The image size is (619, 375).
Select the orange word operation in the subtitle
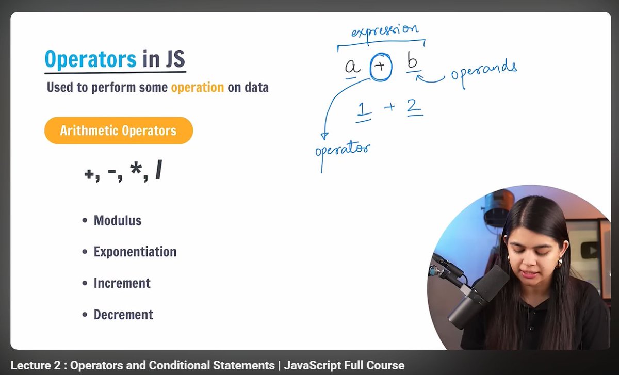coord(197,87)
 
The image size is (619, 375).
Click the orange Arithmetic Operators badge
coord(118,131)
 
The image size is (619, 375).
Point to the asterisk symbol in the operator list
coord(136,173)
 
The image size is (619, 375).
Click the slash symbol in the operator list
coord(158,173)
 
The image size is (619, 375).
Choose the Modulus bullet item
coord(117,221)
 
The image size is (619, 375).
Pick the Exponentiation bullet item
coord(135,252)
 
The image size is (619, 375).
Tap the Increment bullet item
coord(122,283)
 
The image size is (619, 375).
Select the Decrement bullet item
coord(123,315)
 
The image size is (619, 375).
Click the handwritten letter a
coord(352,67)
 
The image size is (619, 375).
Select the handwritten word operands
coord(483,71)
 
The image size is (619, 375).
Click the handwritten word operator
coord(343,150)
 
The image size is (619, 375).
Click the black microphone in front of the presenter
coord(480,294)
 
